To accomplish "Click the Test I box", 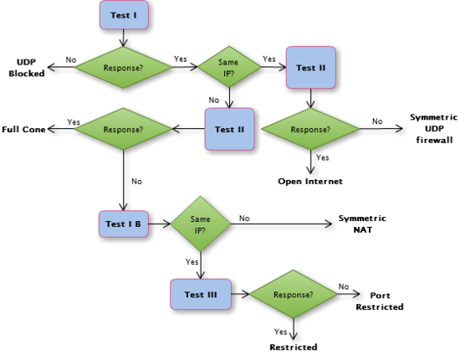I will click(124, 15).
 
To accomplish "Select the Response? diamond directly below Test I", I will click(123, 67).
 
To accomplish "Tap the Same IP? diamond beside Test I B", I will click(200, 224).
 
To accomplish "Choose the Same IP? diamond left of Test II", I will click(228, 67).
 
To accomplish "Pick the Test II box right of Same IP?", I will click(310, 68).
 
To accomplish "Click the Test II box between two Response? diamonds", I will click(229, 129).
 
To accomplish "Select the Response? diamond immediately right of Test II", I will click(309, 129).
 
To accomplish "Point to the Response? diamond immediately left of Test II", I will click(123, 129).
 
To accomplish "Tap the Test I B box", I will click(124, 224).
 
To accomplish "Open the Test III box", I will click(201, 295).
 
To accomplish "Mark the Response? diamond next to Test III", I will click(293, 295).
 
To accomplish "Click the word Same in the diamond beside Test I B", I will click(200, 219).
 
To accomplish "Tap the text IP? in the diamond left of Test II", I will click(228, 73).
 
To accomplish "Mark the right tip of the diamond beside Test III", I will click(337, 295).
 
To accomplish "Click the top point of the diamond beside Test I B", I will click(200, 195).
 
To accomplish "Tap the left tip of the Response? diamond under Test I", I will click(74, 67).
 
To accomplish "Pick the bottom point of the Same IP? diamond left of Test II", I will click(228, 88).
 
